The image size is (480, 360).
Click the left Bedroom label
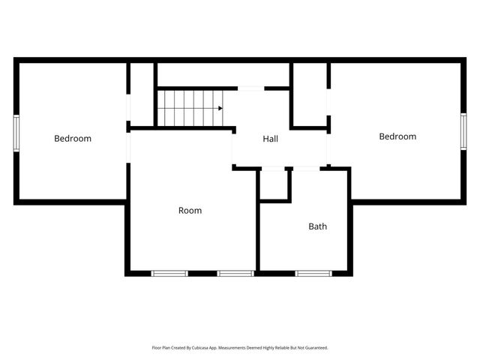[x=73, y=138]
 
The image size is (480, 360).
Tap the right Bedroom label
[x=397, y=136]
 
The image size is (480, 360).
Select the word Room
[x=190, y=211]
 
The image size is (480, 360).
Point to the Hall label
[x=271, y=139]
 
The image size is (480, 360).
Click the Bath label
[x=318, y=226]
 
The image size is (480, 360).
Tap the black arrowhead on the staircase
[x=220, y=108]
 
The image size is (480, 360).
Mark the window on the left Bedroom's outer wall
[x=16, y=133]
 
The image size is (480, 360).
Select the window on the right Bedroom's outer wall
[x=463, y=131]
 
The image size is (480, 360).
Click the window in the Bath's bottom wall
[x=313, y=273]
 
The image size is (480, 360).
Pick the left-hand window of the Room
[x=170, y=273]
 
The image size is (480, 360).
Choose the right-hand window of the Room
[x=235, y=273]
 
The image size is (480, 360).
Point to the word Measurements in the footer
[x=244, y=348]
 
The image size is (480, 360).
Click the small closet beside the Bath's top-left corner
[x=274, y=184]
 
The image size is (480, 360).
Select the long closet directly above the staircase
[x=223, y=74]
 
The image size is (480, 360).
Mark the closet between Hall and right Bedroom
[x=309, y=94]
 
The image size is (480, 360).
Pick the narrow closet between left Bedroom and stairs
[x=142, y=94]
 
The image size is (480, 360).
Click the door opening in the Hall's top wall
[x=251, y=88]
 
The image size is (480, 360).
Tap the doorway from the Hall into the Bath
[x=306, y=168]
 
